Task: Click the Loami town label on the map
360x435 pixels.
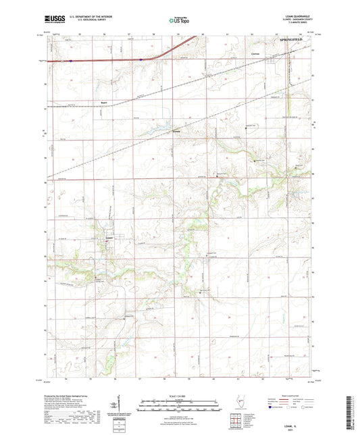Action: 109,237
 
